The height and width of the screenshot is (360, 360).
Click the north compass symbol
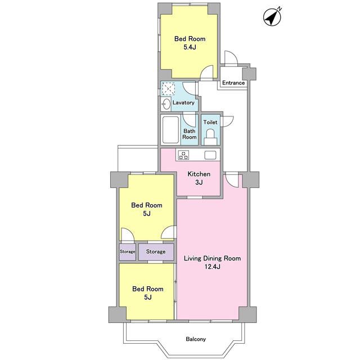pos(272,17)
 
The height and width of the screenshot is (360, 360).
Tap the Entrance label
pos(233,83)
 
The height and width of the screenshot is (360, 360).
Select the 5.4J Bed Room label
pos(190,43)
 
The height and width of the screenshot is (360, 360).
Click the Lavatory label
pos(183,102)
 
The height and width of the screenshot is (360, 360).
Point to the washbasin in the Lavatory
pos(166,105)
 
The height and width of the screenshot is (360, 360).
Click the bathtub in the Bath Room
pos(170,130)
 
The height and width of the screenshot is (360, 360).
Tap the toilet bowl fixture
pos(210,137)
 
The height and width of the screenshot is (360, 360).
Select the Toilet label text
pos(210,122)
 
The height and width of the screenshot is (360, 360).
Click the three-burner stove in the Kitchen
pos(184,155)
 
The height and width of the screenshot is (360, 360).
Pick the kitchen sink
pos(210,155)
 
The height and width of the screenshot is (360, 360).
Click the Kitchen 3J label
pos(199,178)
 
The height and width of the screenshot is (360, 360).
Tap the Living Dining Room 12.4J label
pos(213,263)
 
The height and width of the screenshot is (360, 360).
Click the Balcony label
pos(196,339)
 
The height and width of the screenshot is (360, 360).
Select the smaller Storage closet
pos(128,251)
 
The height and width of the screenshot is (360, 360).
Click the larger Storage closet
pos(156,251)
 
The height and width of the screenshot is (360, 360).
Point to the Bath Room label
pos(190,134)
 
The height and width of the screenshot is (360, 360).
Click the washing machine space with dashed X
pos(168,88)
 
